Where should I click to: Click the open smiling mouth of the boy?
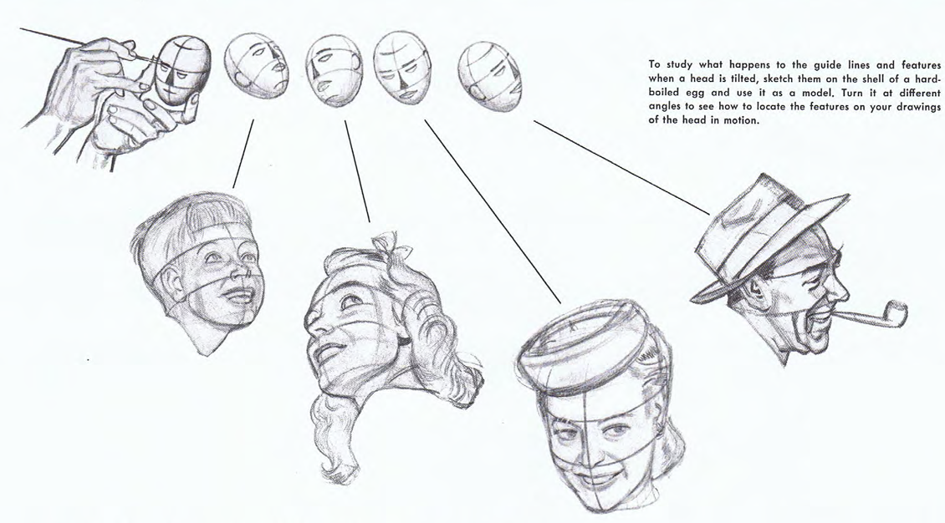(x=240, y=296)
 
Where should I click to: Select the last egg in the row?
(x=488, y=75)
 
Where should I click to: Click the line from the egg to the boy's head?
(x=243, y=154)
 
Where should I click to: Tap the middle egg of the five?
(x=334, y=70)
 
